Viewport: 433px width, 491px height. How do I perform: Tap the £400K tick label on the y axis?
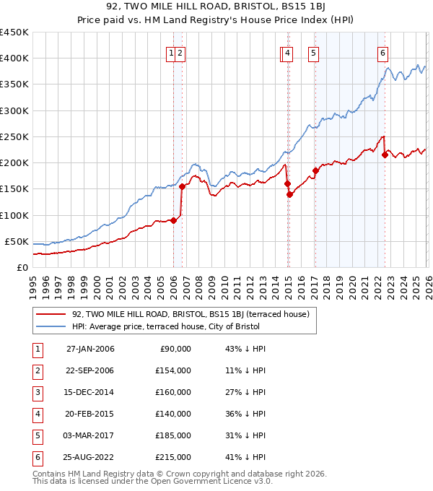click(14, 58)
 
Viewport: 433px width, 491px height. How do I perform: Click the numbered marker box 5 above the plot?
click(314, 53)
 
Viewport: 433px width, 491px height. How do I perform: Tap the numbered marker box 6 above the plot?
click(382, 53)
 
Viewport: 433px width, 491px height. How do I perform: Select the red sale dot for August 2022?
click(385, 155)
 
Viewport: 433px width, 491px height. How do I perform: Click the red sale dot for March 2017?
click(315, 171)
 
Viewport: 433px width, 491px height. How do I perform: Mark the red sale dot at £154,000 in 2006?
click(182, 187)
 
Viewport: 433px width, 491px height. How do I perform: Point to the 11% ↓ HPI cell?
click(245, 370)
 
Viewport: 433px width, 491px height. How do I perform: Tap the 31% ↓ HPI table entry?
click(245, 435)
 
